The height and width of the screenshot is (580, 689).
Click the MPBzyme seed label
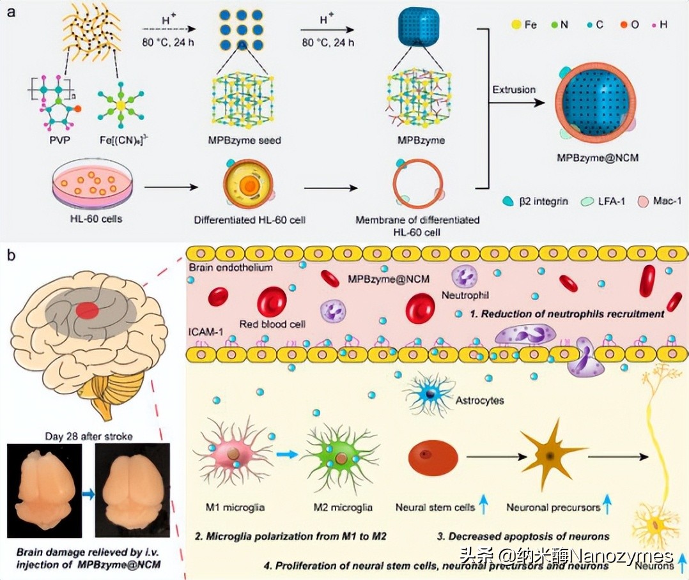pyautogui.click(x=243, y=140)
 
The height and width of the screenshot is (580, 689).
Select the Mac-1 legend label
pyautogui.click(x=664, y=201)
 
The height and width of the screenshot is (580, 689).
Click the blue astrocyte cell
pyautogui.click(x=429, y=395)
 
